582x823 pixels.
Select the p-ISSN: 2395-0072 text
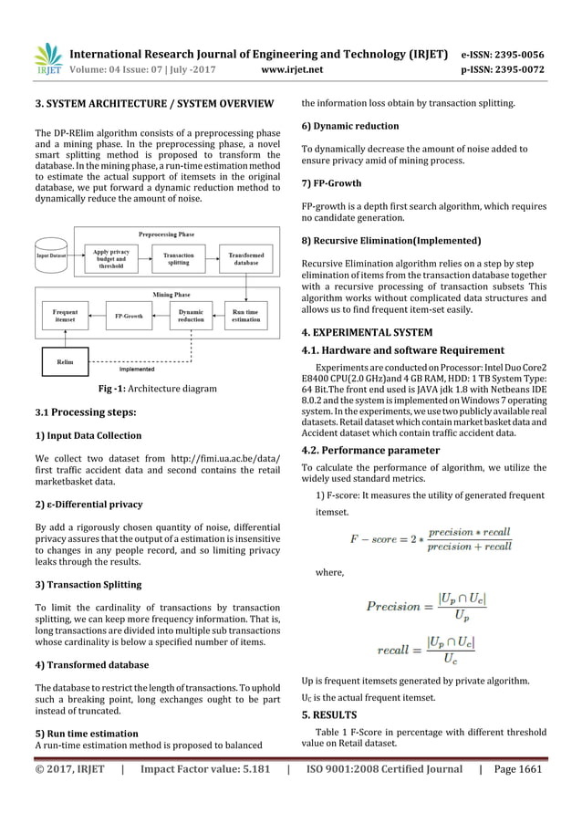pos(508,68)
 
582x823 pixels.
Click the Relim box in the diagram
pos(66,362)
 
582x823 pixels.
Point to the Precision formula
pos(427,605)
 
